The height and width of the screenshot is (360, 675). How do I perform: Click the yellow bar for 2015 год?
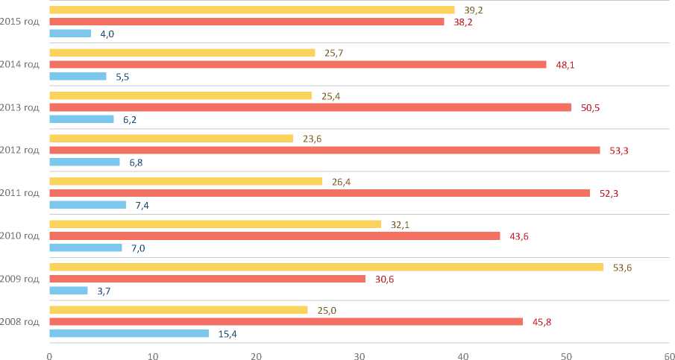[251, 10]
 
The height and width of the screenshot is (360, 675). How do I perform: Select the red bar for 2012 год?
[324, 150]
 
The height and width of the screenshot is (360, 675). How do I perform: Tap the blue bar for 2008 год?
[129, 333]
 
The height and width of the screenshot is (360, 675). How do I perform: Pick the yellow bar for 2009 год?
[326, 267]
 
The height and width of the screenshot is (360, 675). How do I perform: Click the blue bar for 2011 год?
[87, 205]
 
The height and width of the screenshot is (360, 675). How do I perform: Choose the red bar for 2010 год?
[274, 236]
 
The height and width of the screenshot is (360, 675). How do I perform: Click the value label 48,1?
[566, 65]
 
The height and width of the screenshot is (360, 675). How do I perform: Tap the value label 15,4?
[227, 334]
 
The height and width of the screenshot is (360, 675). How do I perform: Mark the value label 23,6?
[313, 139]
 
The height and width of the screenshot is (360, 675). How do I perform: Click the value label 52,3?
[609, 193]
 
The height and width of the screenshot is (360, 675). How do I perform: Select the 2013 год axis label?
[20, 107]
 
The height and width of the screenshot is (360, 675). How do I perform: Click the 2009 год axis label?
[20, 279]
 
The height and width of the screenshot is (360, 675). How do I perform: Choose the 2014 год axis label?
[20, 64]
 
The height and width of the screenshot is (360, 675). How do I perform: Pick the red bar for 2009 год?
[207, 279]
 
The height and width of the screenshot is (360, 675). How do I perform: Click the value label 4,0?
[108, 34]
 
